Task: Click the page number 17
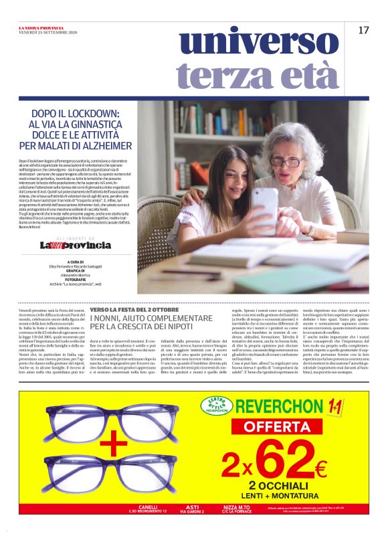pyautogui.click(x=363, y=30)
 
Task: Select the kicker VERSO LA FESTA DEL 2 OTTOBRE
pyautogui.click(x=130, y=310)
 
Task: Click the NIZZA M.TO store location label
pyautogui.click(x=234, y=509)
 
